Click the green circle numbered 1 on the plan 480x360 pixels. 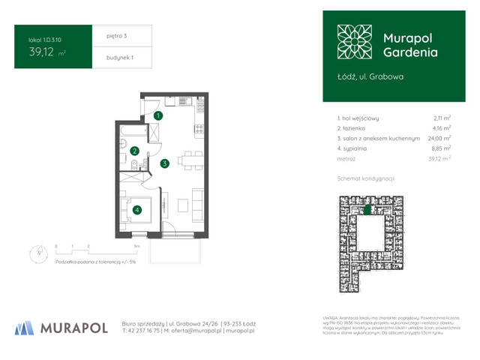pyautogui.click(x=158, y=115)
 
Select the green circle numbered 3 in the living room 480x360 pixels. pyautogui.click(x=163, y=163)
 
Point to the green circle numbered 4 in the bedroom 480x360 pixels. pyautogui.click(x=137, y=210)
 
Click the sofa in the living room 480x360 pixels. pyautogui.click(x=197, y=201)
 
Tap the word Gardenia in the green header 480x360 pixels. pyautogui.click(x=410, y=53)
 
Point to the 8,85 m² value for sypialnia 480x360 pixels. pyautogui.click(x=441, y=148)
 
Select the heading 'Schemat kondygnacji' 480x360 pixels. pyautogui.click(x=366, y=178)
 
